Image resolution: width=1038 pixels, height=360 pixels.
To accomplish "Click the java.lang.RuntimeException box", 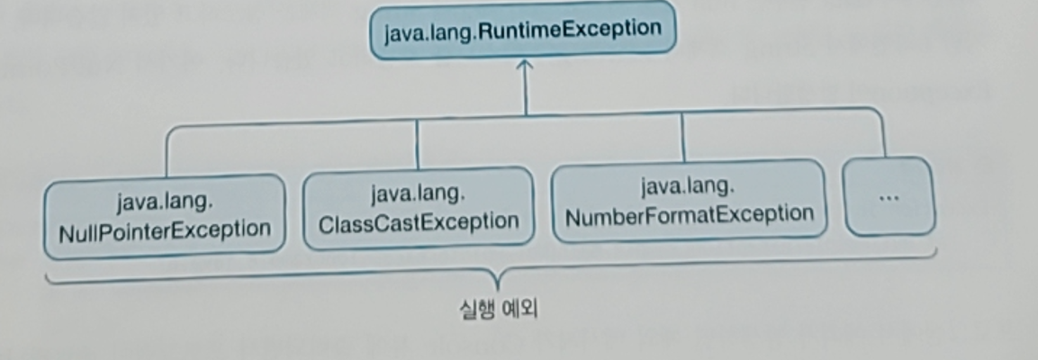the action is click(522, 31).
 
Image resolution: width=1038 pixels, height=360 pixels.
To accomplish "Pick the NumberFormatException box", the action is click(689, 201).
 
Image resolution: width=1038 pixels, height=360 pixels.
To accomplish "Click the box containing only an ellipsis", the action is click(889, 196).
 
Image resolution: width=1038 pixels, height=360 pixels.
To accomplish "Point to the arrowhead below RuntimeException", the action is click(526, 66).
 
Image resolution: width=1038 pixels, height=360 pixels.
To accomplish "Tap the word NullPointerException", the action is click(165, 229).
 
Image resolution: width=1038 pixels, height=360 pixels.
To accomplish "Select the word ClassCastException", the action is click(419, 221).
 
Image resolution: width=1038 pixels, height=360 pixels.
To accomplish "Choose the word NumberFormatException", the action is click(689, 214).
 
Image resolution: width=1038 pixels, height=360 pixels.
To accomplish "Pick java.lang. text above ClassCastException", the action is click(418, 193).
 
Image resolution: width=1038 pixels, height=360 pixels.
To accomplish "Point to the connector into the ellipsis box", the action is click(884, 135).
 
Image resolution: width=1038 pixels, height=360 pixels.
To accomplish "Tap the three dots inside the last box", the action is click(889, 196).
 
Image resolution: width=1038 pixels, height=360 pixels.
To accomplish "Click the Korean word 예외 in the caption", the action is click(519, 311).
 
